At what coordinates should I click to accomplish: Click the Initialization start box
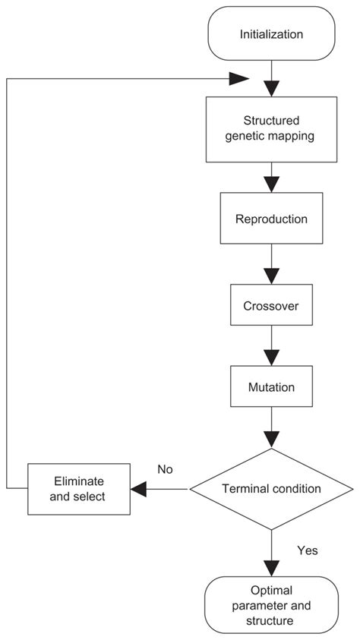point(271,34)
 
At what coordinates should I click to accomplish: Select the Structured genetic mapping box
point(271,130)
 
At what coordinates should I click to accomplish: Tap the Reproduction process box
point(271,219)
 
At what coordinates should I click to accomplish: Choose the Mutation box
point(271,386)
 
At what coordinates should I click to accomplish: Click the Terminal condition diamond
point(271,490)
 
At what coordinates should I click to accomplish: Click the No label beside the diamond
point(165,469)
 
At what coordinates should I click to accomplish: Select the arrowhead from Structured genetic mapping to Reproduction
point(271,183)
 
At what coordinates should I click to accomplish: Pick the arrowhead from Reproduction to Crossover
point(271,271)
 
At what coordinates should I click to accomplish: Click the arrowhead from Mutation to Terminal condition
point(271,439)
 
